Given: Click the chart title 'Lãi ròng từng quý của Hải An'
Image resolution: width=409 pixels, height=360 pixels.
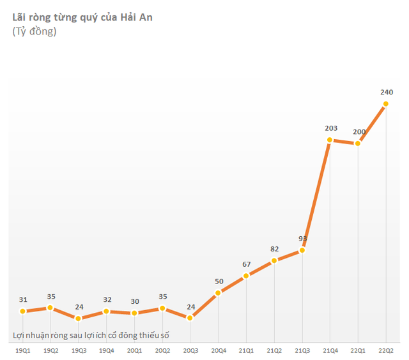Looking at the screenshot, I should pos(82,17).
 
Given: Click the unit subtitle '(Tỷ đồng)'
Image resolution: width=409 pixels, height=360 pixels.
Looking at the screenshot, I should pos(34,31).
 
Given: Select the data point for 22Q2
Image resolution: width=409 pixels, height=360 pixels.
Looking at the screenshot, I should pos(386,104).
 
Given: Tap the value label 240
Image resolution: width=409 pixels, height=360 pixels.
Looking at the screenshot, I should pos(387,93).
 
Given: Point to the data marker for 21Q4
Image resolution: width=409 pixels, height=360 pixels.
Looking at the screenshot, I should pos(330,140).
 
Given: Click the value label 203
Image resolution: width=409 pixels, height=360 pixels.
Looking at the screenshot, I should pos(330,128).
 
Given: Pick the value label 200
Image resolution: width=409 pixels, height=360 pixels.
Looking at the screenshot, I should pos(359,132).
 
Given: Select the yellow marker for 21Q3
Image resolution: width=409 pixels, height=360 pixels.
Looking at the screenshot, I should pos(302,250).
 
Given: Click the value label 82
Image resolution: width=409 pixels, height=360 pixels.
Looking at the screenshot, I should pos(275,249).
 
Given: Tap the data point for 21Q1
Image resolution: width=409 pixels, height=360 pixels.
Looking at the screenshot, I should pos(246,276).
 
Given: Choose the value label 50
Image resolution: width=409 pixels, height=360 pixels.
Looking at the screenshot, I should pos(219,281).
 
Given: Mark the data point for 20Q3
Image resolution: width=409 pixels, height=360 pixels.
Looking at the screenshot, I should pos(190,317).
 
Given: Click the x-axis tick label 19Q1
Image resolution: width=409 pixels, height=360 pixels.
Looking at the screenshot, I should pos(22,350).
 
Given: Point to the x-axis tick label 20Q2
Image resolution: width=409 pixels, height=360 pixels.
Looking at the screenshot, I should pos(162,350).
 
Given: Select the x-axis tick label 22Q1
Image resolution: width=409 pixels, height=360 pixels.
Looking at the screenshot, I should pos(358,350).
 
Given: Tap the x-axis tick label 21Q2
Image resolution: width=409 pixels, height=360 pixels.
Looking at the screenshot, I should pos(274,350).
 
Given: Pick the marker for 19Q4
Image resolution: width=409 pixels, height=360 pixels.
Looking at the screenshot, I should pos(106,311).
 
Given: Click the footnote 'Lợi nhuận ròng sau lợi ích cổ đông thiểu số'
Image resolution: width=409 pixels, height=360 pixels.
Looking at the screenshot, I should pos(92,335).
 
